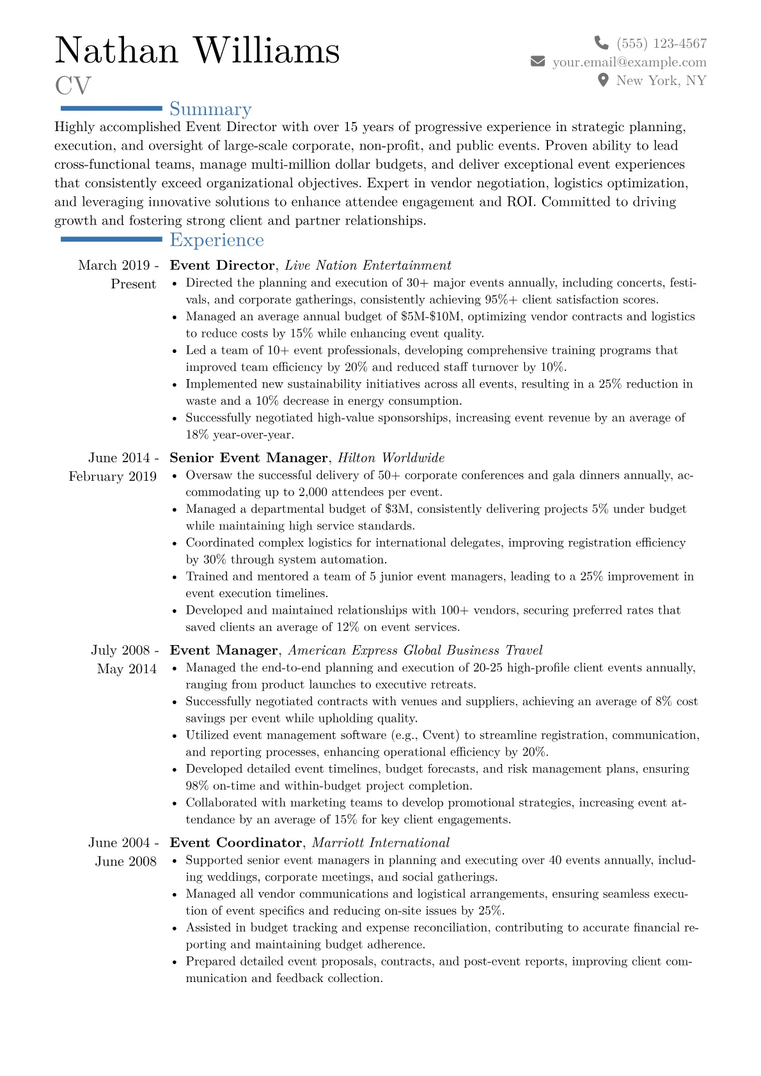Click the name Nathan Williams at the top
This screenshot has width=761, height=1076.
coord(197,51)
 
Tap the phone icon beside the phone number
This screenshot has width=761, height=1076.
coord(601,43)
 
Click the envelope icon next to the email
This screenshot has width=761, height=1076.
coord(538,61)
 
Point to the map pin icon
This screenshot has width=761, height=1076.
coord(602,81)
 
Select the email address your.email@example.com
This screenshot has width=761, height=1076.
coord(629,62)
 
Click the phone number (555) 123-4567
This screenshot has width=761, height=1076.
coord(661,43)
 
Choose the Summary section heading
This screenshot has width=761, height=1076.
coord(210,109)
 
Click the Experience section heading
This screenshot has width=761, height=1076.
coord(216,240)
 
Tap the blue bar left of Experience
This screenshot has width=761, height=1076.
coord(111,239)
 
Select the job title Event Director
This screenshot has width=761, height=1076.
coord(222,265)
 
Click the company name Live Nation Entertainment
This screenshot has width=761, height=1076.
coord(368,265)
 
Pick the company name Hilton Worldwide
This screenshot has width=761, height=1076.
coord(391,458)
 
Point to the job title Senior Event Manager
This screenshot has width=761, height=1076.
coord(248,458)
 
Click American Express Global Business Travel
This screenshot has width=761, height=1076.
coord(415,650)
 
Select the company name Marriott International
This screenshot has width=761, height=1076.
coord(380,843)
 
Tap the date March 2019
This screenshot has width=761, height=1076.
coord(114,265)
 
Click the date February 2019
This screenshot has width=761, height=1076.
coord(113,476)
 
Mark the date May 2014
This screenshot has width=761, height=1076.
coord(127,669)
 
